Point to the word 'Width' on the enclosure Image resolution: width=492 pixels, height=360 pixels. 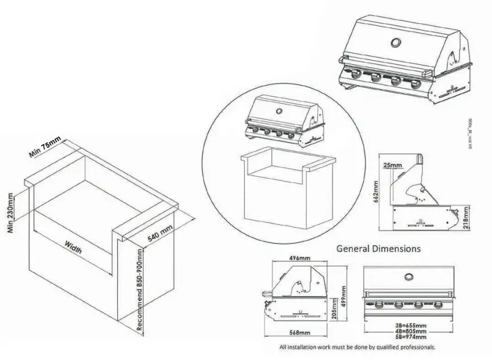pos(73,248)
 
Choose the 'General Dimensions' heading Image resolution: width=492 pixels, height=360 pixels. pos(379,249)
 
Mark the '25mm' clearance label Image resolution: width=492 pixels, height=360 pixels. pos(393,165)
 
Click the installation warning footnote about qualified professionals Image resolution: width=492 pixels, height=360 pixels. pos(357,347)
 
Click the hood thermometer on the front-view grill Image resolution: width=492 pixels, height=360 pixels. pos(409,277)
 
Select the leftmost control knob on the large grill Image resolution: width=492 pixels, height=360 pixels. pos(355,74)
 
